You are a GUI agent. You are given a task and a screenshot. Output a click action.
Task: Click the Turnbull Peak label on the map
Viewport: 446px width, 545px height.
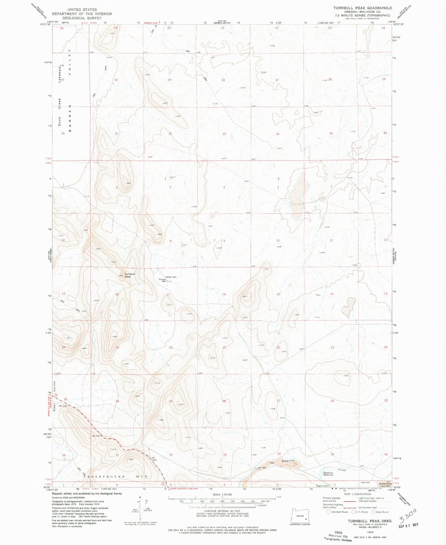[x=130, y=275]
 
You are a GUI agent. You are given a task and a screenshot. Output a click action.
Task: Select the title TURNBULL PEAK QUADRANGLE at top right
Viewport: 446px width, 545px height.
[x=362, y=8]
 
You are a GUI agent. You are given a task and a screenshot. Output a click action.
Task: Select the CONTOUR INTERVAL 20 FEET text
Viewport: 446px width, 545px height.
[x=222, y=511]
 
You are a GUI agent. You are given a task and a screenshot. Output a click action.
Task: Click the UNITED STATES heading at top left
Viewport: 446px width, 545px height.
[x=82, y=10]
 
